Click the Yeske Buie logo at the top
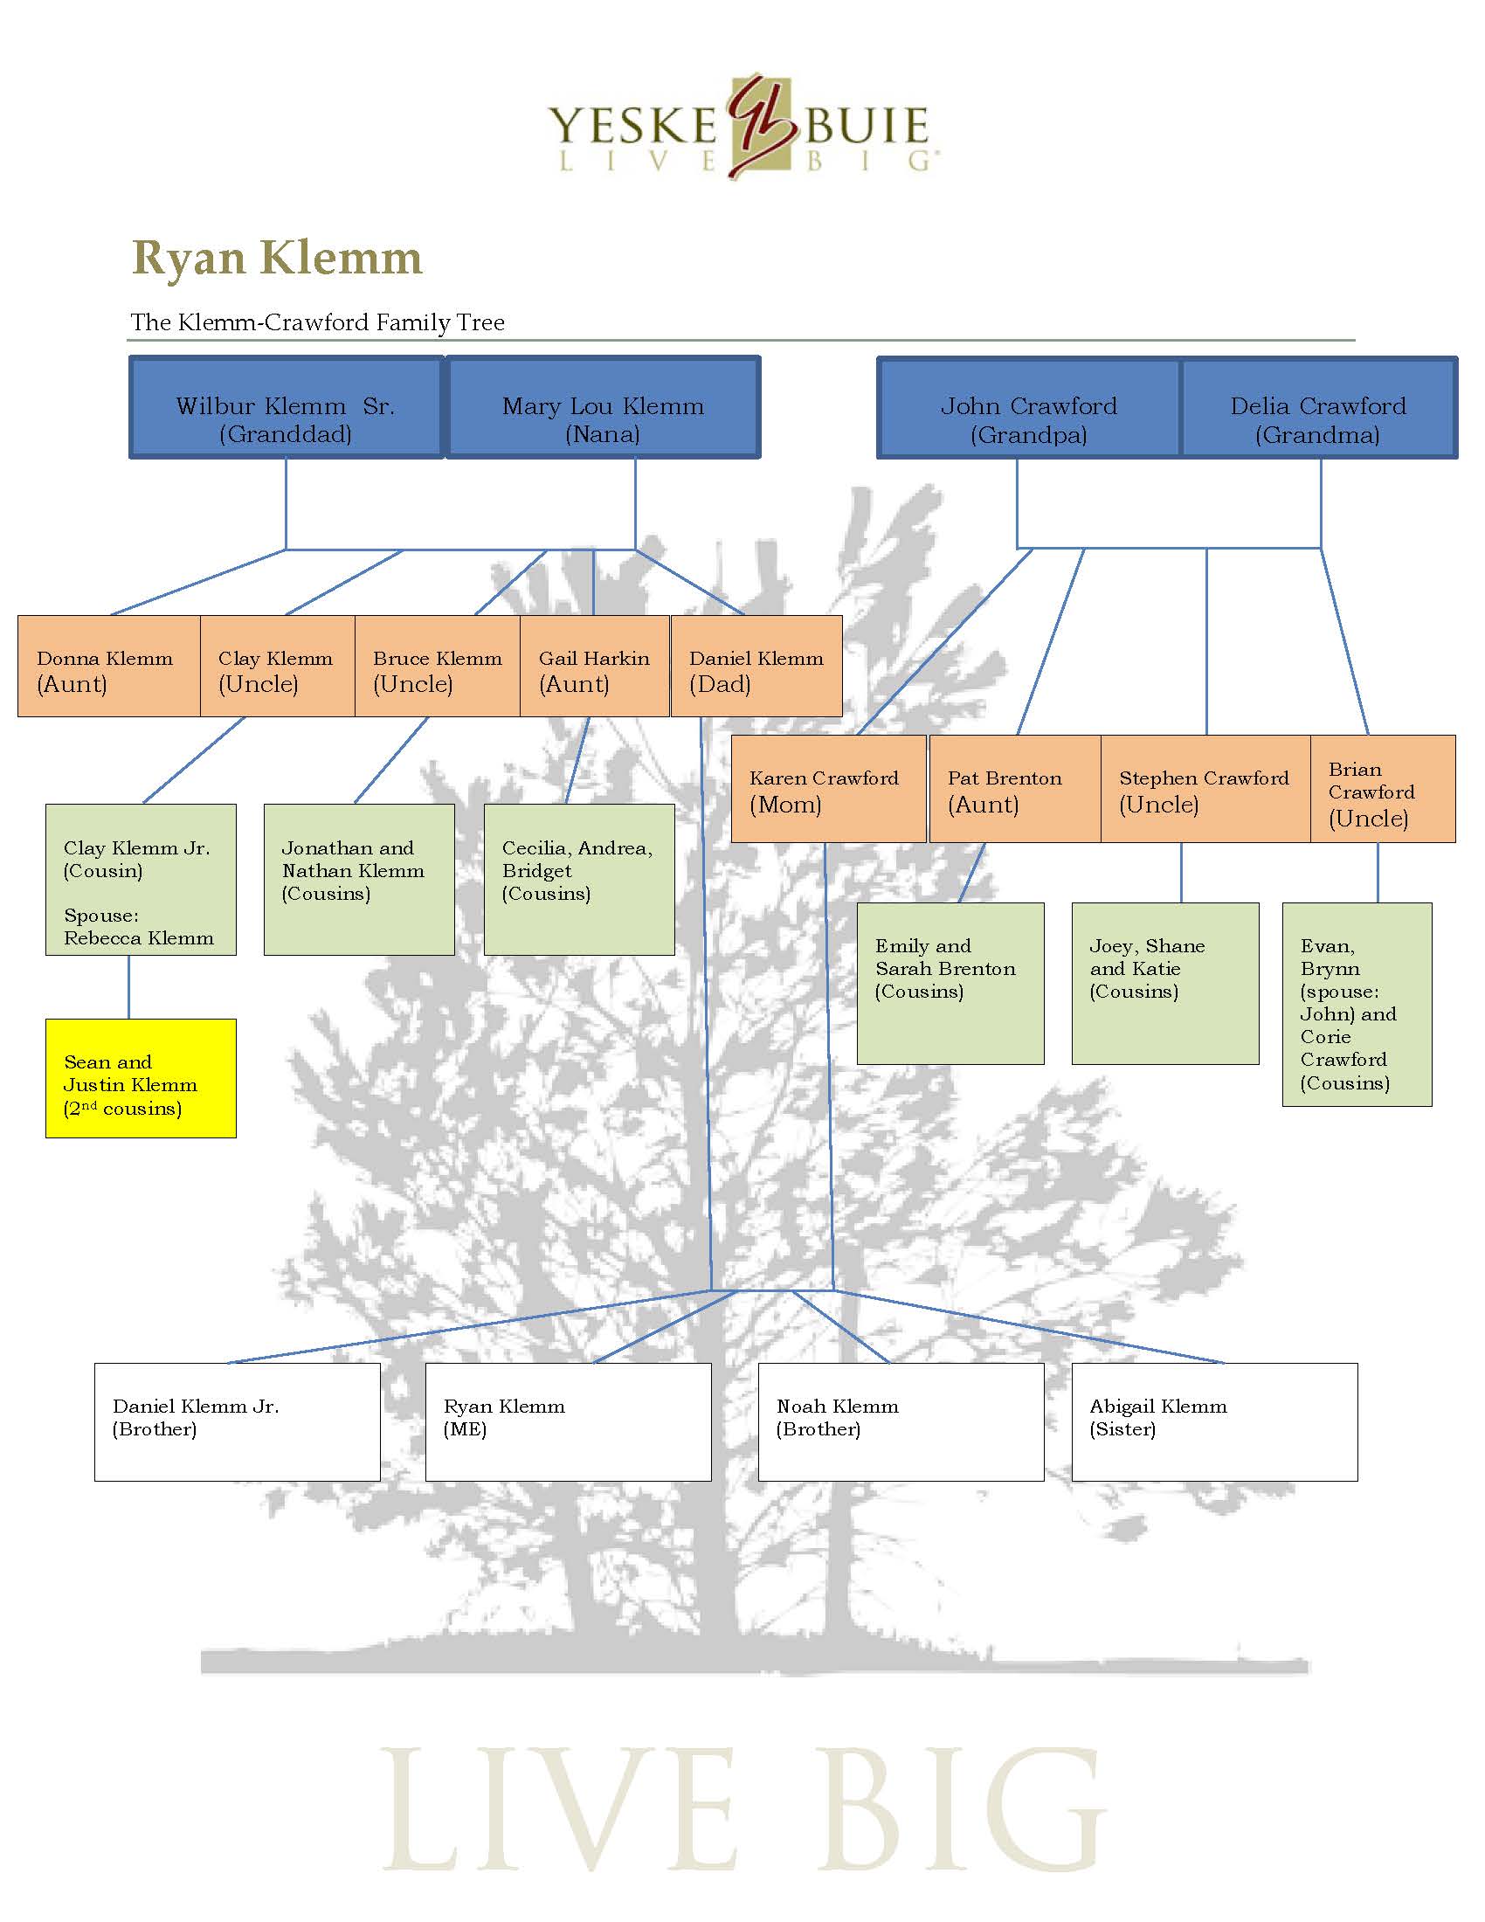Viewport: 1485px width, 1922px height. (740, 128)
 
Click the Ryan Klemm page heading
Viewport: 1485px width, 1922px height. (277, 258)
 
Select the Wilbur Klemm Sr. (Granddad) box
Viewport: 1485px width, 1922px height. (286, 407)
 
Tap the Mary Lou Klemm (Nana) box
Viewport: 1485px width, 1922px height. (603, 407)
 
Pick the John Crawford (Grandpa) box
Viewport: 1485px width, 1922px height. (1028, 407)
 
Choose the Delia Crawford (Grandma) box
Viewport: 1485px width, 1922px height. (1317, 407)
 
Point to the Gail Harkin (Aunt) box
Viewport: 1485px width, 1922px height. (595, 667)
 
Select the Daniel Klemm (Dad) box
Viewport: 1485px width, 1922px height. (756, 667)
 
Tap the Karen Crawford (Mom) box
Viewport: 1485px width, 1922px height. (827, 789)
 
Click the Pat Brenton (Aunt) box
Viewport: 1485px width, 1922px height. (1014, 789)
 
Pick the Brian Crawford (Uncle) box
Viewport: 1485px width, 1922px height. (1382, 789)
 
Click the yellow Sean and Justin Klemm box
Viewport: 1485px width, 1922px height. (141, 1078)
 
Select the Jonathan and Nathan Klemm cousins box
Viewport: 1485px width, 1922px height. (359, 879)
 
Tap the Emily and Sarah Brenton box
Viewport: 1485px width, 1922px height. (950, 983)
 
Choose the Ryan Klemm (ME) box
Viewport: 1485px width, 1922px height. (568, 1422)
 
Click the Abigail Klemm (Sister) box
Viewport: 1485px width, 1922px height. (1214, 1422)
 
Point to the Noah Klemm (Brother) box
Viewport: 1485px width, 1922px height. (900, 1422)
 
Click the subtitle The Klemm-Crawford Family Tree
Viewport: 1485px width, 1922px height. (318, 322)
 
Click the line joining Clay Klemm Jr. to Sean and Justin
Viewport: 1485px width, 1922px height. (129, 987)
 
